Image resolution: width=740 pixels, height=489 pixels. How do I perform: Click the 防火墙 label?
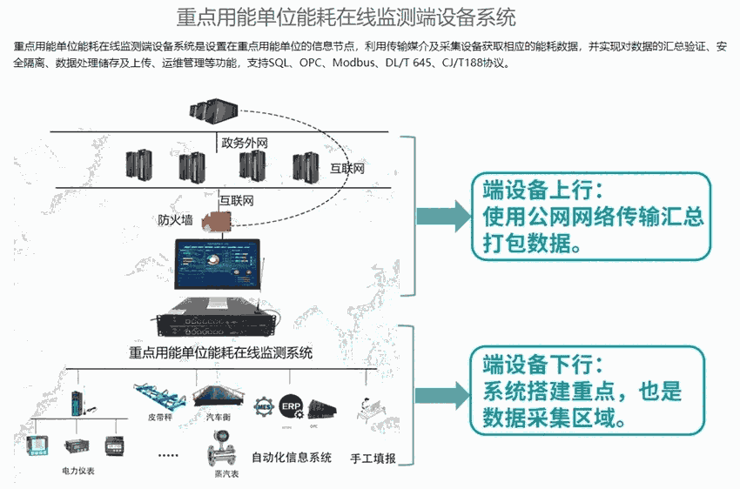pos(175,219)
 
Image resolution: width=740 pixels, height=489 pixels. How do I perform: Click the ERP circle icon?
pos(291,405)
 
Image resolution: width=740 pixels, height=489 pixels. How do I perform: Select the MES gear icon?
pos(264,405)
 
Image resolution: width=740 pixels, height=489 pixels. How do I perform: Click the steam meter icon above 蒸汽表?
pos(219,453)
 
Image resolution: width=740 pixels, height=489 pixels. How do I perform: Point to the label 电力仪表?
pos(78,471)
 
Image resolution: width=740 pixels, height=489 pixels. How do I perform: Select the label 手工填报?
pos(373,458)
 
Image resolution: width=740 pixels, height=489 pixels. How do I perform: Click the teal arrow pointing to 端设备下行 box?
pos(441,389)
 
